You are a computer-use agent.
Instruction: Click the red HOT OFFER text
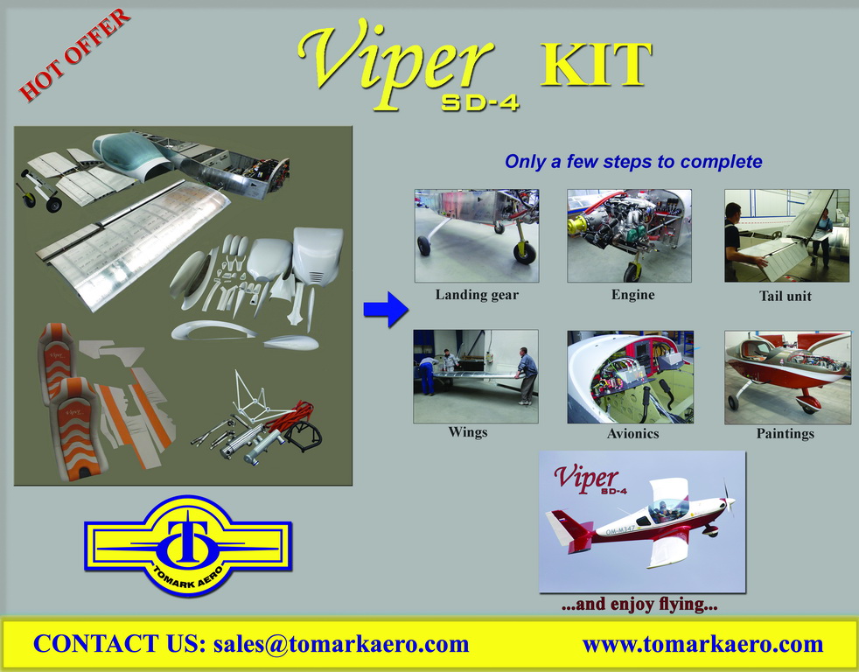click(74, 55)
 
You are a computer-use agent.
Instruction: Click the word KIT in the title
click(596, 65)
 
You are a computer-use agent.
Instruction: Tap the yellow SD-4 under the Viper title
click(480, 102)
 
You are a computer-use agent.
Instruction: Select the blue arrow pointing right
click(386, 309)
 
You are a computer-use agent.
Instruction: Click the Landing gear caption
click(477, 295)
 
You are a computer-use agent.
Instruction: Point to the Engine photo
click(629, 235)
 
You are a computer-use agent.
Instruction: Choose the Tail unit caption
click(785, 296)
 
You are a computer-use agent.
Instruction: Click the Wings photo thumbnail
click(476, 376)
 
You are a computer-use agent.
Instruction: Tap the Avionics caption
click(632, 434)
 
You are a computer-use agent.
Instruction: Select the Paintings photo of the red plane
click(787, 377)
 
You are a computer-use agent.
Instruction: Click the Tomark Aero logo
click(188, 545)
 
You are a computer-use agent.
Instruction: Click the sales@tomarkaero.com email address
click(341, 644)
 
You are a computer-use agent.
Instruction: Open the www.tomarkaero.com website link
click(703, 645)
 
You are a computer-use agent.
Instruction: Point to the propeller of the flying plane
click(728, 497)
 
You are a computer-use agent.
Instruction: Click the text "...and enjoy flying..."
click(639, 604)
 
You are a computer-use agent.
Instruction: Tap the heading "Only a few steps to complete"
click(633, 162)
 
